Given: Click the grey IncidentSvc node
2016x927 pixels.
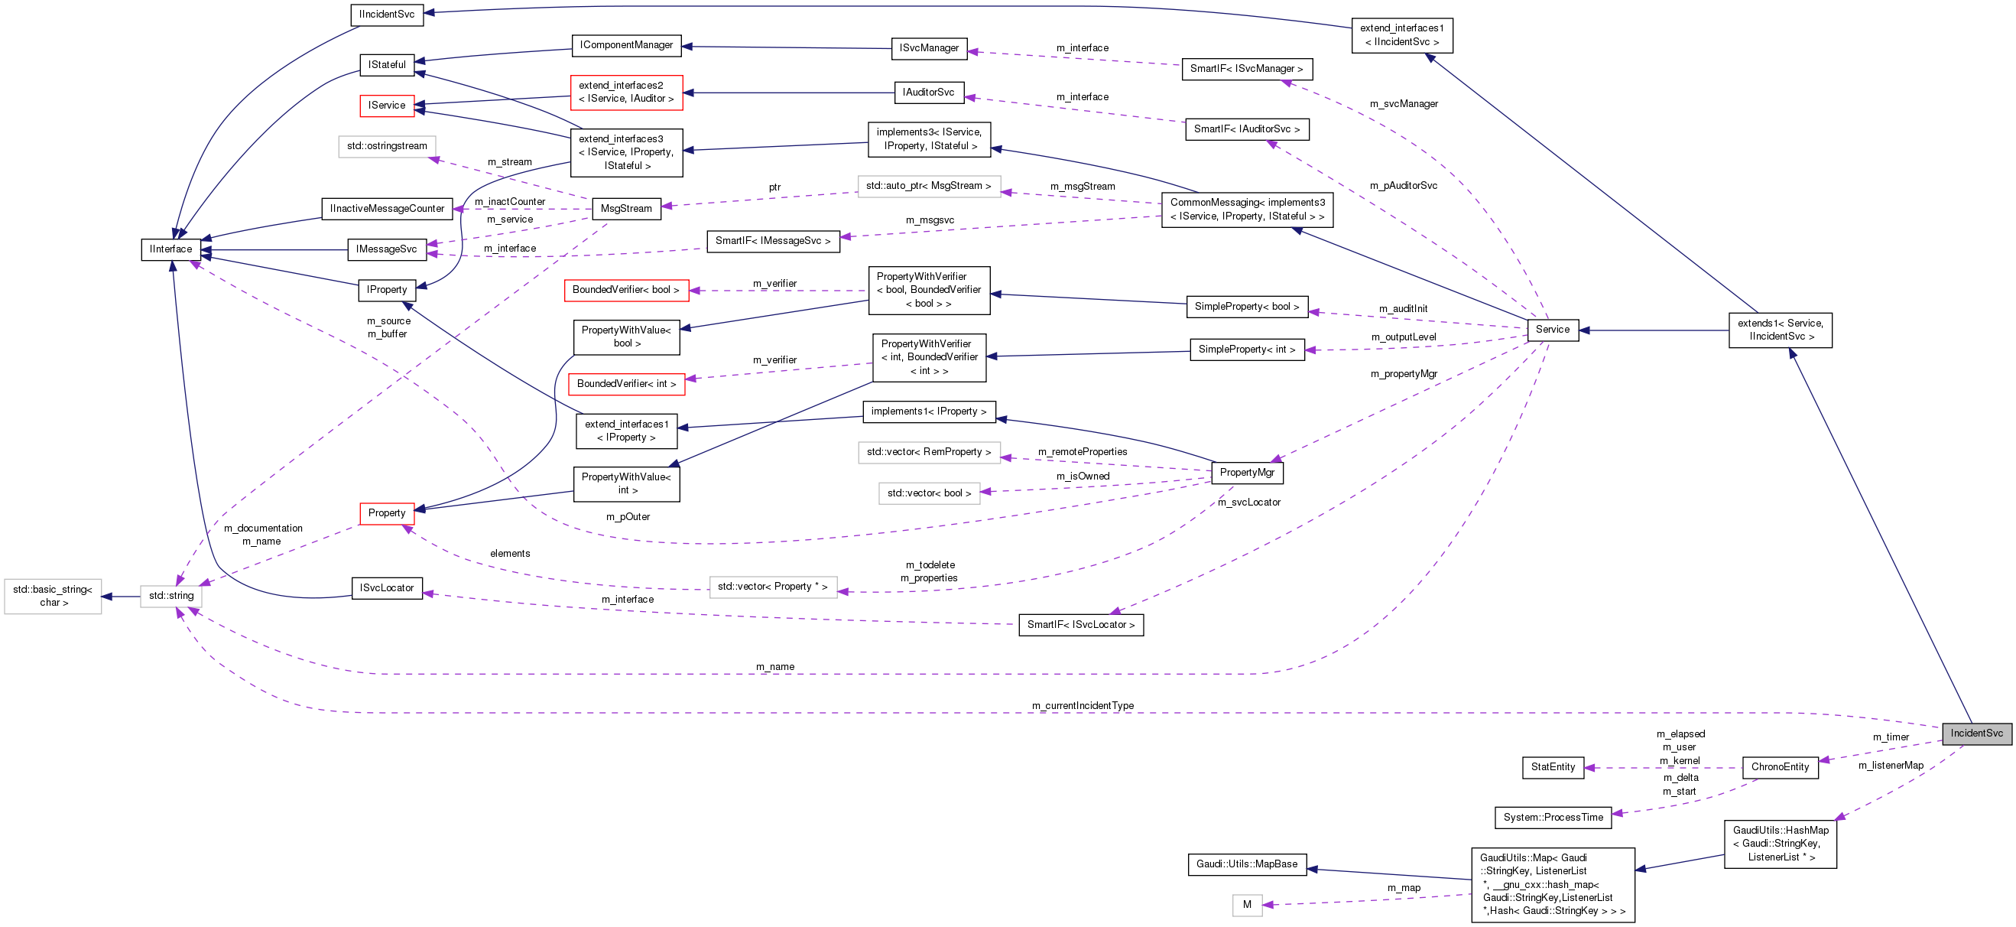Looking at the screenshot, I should click(x=1976, y=733).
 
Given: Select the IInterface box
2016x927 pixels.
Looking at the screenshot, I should click(x=170, y=249).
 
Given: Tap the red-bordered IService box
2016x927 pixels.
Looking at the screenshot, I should click(x=387, y=105).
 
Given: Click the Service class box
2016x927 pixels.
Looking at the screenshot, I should click(x=1552, y=330).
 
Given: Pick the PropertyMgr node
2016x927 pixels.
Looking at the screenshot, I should click(x=1247, y=472).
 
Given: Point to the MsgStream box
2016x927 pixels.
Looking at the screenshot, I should click(x=626, y=208).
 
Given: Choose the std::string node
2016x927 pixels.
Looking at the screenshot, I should click(x=171, y=596).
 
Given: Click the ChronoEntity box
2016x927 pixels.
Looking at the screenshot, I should click(x=1780, y=767).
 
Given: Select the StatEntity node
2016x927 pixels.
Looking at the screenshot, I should click(x=1553, y=767).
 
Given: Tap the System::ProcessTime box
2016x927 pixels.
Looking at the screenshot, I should click(x=1553, y=818).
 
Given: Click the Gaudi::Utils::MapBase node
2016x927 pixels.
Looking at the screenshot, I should click(x=1247, y=864).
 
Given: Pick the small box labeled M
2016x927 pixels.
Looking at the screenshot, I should click(x=1247, y=905).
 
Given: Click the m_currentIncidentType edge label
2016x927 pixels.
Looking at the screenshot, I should click(x=1083, y=706).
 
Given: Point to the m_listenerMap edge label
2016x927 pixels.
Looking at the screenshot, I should click(x=1891, y=766).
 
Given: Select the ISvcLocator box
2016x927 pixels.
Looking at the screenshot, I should click(x=387, y=588).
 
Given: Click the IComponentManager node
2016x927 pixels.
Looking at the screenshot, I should click(x=626, y=45).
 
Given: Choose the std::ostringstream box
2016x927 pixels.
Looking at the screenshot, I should click(x=387, y=146).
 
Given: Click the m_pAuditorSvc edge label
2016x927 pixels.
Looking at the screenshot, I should click(x=1403, y=186).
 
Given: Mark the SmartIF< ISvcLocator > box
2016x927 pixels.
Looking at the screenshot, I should click(x=1080, y=625).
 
